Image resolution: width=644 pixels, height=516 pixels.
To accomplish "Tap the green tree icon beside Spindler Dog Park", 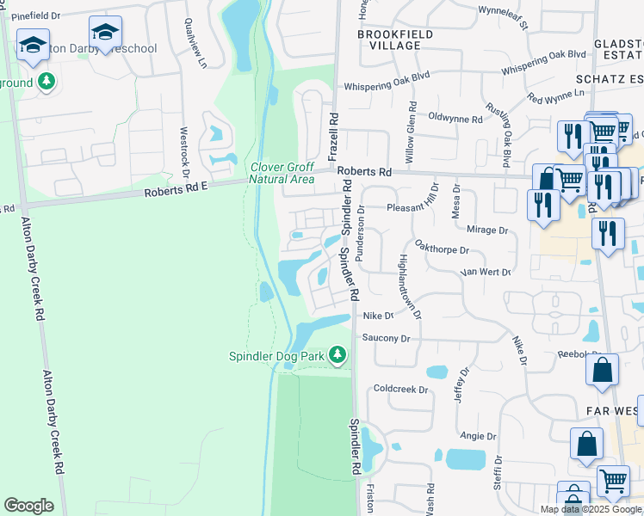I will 338,354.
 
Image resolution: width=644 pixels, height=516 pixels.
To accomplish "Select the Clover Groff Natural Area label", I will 282,173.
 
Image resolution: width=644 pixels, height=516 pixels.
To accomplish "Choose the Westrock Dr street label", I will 183,147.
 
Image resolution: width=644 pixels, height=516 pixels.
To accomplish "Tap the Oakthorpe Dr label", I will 441,250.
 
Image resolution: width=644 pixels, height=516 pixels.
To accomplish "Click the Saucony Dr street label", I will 388,338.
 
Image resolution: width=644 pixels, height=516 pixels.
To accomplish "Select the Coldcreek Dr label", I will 400,389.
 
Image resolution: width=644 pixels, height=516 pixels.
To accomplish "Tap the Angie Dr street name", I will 479,436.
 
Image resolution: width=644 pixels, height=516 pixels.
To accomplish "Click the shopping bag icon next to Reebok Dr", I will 603,370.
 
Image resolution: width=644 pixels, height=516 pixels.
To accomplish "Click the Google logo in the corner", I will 28,506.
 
